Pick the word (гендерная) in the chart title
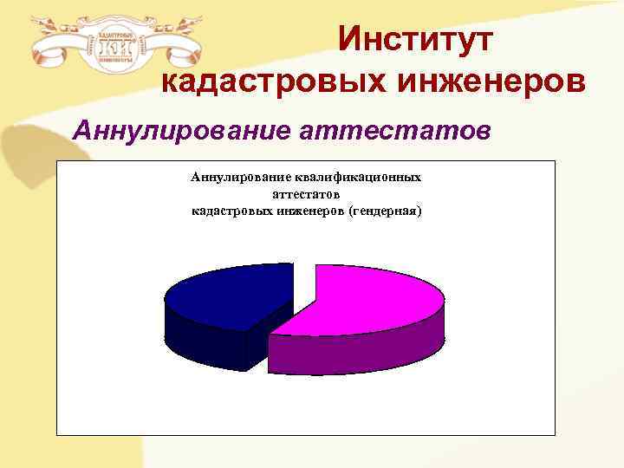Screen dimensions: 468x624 click(384, 211)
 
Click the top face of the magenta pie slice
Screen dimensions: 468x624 click(364, 299)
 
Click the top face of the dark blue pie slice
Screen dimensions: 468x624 click(230, 295)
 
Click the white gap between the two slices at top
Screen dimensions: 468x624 click(304, 282)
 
